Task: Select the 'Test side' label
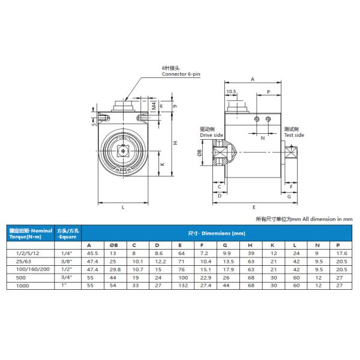[x=294, y=135]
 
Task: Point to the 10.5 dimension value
[x=231, y=92]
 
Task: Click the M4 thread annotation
[x=154, y=106]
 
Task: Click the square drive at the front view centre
[x=124, y=151]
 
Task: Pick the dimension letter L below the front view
[x=123, y=208]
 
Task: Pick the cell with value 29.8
[x=114, y=271]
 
